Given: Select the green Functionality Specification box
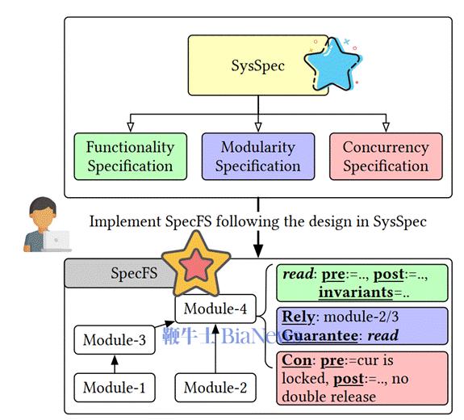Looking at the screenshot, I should point(130,157).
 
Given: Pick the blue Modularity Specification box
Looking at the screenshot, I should point(257,157).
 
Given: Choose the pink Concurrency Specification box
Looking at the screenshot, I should point(385,157).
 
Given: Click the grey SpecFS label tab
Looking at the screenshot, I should point(121,273).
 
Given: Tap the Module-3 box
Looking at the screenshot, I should point(114,340).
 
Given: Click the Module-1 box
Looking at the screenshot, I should point(114,388).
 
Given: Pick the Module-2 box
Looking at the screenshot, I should point(215,388).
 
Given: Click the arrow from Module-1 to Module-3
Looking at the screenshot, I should point(114,363).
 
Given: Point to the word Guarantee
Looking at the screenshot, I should point(315,334).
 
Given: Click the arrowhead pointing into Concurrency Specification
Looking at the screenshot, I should point(385,127).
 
